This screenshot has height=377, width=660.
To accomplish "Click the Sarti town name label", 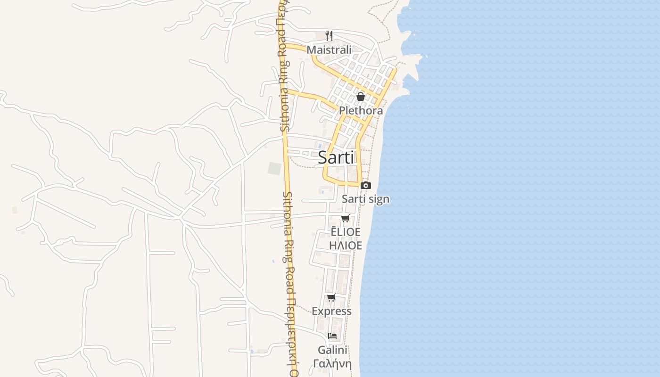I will (336, 157).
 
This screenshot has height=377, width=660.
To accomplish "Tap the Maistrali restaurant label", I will (329, 50).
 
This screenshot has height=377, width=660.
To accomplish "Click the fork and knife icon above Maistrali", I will (329, 35).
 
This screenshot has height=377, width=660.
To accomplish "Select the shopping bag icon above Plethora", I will (361, 97).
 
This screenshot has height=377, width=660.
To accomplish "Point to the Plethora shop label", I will (361, 111).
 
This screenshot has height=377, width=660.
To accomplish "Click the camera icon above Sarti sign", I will (365, 185).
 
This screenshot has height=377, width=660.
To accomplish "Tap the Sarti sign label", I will (365, 199).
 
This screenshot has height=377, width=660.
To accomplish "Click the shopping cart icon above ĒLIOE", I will (346, 218).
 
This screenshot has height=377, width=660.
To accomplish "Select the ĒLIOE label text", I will (346, 232).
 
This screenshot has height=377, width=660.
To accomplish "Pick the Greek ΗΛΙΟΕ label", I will (346, 246).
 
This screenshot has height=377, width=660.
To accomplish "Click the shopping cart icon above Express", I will (331, 297).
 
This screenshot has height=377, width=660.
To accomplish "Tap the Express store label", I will (331, 311).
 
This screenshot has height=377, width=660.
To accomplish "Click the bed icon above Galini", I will (332, 336).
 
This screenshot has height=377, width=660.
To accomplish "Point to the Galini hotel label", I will (332, 350).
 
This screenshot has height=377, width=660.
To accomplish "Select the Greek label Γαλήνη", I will (332, 364).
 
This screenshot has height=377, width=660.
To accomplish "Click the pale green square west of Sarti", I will (274, 168).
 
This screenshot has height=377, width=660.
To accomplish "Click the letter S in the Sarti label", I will (323, 157).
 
